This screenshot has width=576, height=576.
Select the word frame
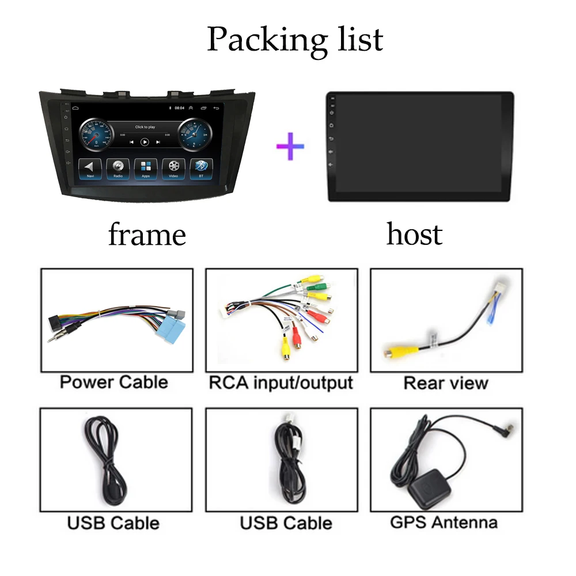coord(147,235)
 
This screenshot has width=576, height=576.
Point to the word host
coord(414,234)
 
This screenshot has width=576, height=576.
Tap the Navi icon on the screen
coord(90,168)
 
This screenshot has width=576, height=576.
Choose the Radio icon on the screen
coord(118,168)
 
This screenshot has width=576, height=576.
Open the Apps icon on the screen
coord(145,168)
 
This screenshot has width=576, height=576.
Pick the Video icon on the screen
coord(173,168)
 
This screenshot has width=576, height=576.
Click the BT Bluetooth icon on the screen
coord(201,168)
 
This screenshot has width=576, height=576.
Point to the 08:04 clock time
coord(179,108)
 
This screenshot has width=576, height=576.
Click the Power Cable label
coord(113,382)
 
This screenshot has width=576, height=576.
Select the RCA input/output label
coord(281,382)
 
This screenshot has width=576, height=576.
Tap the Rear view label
coord(446,383)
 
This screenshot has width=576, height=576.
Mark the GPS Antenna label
coord(444,522)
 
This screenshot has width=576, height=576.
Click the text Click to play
coord(145,127)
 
